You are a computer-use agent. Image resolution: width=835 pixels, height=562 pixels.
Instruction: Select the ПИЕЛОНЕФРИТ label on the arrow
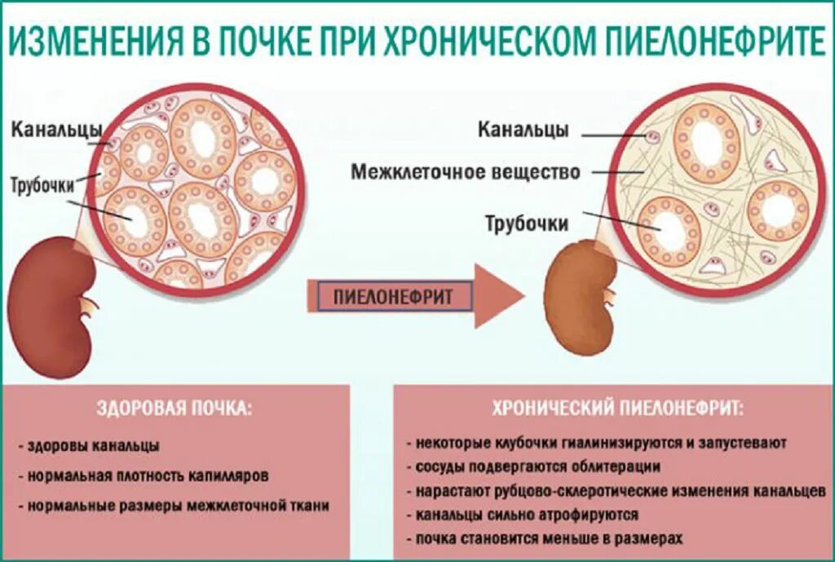click(392, 297)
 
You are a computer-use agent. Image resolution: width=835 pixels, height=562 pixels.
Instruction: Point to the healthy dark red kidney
click(48, 305)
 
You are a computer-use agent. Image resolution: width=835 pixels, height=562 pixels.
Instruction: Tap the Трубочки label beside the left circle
click(54, 184)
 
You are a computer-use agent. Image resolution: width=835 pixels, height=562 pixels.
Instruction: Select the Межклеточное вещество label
click(466, 172)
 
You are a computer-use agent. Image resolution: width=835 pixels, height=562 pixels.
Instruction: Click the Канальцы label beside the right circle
click(523, 130)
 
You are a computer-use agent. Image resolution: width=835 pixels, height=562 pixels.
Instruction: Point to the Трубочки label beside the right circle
click(527, 223)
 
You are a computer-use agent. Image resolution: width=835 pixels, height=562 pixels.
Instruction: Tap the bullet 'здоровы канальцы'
click(93, 446)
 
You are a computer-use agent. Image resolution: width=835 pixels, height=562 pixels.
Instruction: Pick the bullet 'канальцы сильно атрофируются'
click(526, 516)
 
